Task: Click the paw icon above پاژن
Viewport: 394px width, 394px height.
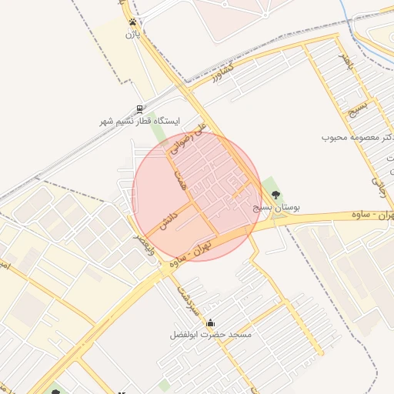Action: pos(134,22)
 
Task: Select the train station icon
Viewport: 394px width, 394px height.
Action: pos(139,109)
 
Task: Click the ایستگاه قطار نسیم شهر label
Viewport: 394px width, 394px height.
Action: pos(139,122)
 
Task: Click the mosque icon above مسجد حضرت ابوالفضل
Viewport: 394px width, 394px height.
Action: pos(211,322)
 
